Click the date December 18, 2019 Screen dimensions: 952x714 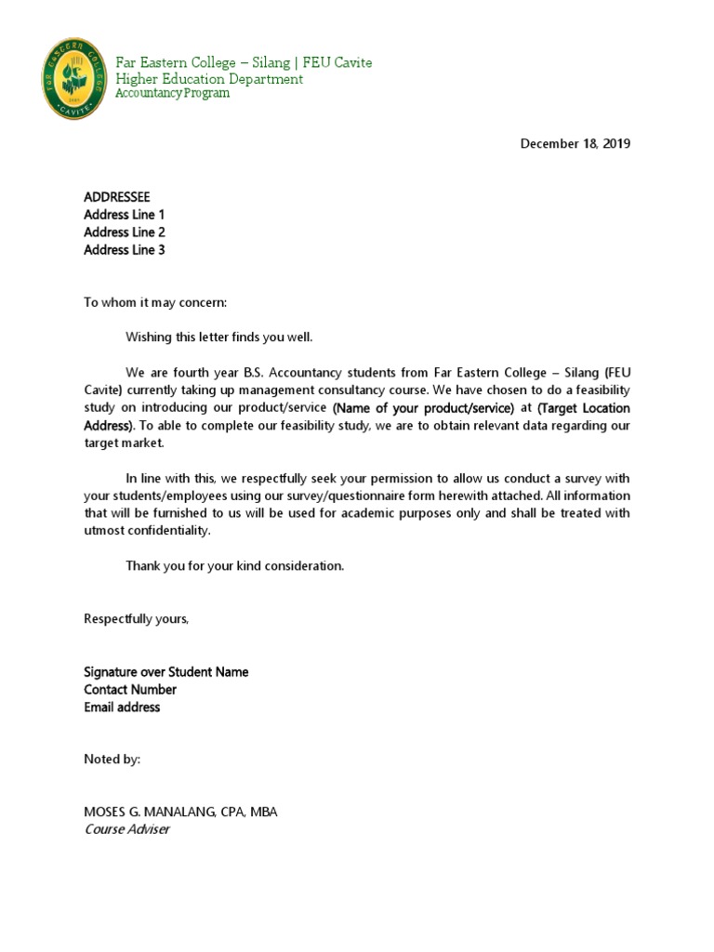[x=575, y=144]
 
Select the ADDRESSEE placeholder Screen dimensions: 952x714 [x=116, y=197]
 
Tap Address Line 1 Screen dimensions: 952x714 [x=125, y=215]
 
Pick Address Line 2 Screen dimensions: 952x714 [x=125, y=232]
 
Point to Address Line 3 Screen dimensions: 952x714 [x=125, y=250]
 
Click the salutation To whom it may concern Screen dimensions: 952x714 [x=155, y=303]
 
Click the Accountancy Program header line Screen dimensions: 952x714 [x=172, y=94]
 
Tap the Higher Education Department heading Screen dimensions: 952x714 [x=209, y=79]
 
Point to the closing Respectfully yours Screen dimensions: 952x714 [x=136, y=619]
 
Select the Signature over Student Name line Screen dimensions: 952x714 [x=166, y=672]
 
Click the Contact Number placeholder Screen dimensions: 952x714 [x=130, y=690]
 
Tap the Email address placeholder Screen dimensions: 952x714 [x=122, y=707]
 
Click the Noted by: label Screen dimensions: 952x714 [x=112, y=760]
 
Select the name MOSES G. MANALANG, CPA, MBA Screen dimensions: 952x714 [x=180, y=813]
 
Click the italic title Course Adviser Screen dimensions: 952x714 [x=126, y=829]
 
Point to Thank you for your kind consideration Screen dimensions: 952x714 [x=235, y=566]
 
